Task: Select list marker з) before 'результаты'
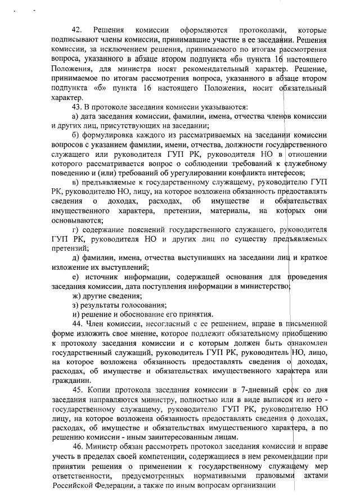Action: pyautogui.click(x=76, y=304)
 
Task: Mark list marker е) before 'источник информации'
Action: pyautogui.click(x=76, y=277)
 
